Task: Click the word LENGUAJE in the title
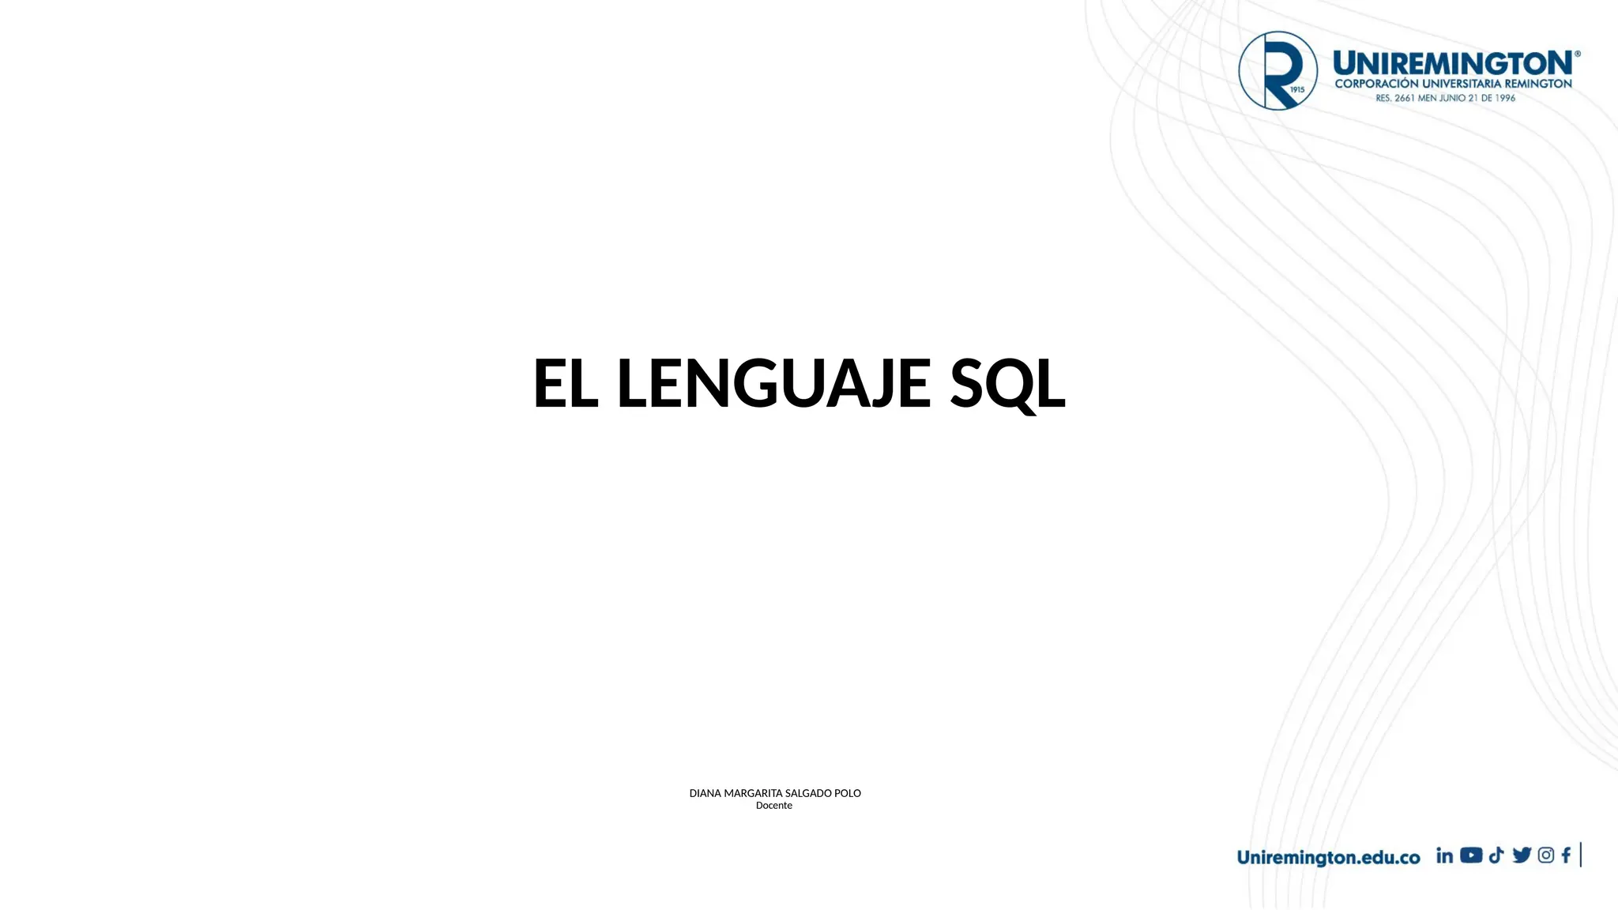click(x=773, y=384)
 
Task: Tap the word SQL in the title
click(x=1007, y=384)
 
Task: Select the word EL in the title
click(x=565, y=384)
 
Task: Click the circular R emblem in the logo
click(x=1277, y=70)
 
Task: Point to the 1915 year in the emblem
click(x=1297, y=90)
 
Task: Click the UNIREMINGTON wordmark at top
click(x=1453, y=62)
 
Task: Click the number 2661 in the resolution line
click(x=1404, y=98)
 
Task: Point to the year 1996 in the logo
click(x=1504, y=98)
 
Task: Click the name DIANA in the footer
click(x=705, y=793)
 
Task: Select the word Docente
click(x=774, y=806)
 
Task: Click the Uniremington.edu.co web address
click(x=1328, y=858)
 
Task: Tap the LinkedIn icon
click(x=1444, y=855)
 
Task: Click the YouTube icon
click(x=1471, y=855)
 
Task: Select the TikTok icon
click(x=1496, y=855)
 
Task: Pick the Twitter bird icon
click(x=1522, y=855)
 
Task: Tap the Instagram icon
click(x=1546, y=855)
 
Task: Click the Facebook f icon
click(x=1566, y=855)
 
